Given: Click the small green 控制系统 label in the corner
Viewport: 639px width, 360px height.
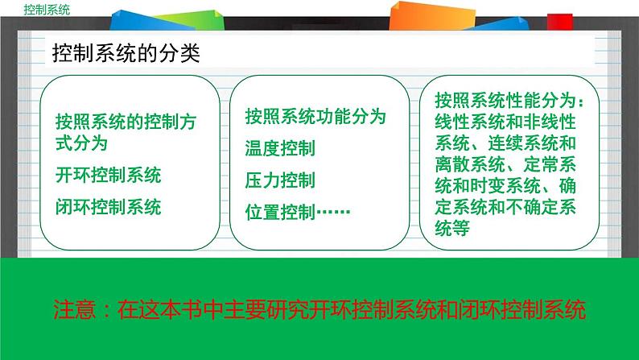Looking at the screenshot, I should coord(47,9).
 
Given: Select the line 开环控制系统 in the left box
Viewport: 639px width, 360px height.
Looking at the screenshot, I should coord(109,176).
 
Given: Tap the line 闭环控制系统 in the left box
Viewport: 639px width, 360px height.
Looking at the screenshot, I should coord(109,206).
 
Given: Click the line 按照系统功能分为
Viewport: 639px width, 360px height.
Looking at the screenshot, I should coord(315,117).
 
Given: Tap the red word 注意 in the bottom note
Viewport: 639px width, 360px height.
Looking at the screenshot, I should coord(74,309).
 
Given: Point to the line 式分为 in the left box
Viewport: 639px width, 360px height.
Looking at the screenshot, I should coord(81,144).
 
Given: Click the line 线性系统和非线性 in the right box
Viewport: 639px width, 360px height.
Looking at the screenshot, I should coord(505,122).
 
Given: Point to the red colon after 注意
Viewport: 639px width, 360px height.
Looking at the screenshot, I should coord(108,310).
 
